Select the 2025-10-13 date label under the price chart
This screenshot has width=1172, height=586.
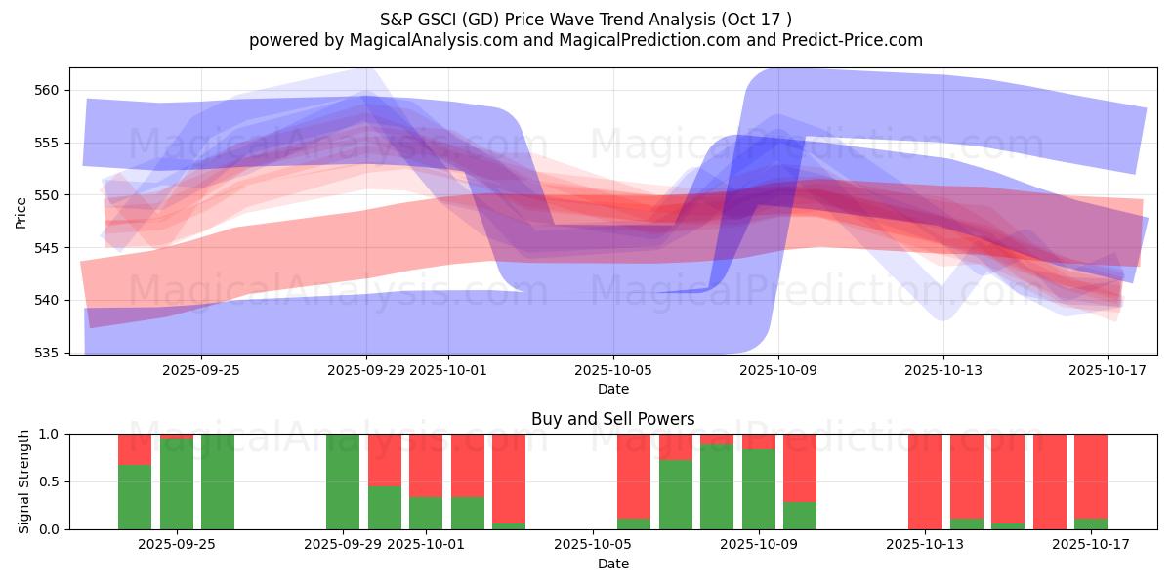(x=943, y=370)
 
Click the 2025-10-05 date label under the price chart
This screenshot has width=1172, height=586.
(x=613, y=370)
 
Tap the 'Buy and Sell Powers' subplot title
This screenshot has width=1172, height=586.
(x=613, y=419)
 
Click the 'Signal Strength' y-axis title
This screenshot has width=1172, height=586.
(x=24, y=481)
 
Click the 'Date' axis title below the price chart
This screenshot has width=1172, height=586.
(x=613, y=389)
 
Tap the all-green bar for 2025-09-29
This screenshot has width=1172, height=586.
(x=343, y=481)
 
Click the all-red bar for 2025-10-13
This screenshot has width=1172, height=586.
(x=925, y=481)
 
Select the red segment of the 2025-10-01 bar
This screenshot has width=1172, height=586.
(x=426, y=465)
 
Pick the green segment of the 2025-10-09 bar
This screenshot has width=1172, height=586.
(x=759, y=488)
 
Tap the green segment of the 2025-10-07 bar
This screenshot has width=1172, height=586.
(x=676, y=494)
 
